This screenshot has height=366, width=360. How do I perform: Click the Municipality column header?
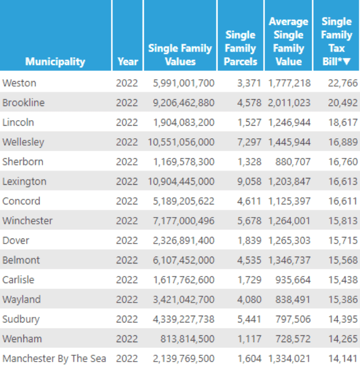55,61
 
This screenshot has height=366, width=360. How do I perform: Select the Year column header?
127,61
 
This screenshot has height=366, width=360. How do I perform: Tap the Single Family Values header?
180,55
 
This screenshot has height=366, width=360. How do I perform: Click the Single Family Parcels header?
240,48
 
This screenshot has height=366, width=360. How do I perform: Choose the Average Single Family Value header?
289,41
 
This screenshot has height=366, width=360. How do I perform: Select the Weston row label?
19,83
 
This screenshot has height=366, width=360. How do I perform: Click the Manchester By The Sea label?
55,359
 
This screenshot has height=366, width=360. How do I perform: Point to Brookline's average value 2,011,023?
289,103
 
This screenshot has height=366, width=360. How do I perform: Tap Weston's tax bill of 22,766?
342,83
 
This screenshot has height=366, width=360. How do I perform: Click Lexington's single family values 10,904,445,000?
183,181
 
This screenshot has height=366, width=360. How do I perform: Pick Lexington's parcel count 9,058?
249,181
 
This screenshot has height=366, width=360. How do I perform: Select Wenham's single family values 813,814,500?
187,339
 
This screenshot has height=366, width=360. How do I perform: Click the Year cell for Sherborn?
127,161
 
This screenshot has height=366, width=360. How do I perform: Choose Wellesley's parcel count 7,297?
249,142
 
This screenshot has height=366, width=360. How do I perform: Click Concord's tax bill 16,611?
342,201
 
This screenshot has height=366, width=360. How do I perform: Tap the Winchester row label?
27,220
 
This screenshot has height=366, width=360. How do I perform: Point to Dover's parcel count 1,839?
249,240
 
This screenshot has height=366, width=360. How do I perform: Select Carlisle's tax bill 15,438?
342,280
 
